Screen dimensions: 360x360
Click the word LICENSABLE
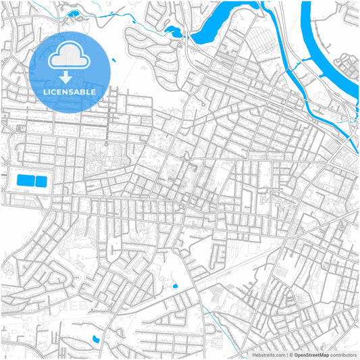70,92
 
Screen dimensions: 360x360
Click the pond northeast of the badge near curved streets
172,31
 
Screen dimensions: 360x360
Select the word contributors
344,354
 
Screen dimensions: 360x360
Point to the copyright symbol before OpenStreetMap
289,354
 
